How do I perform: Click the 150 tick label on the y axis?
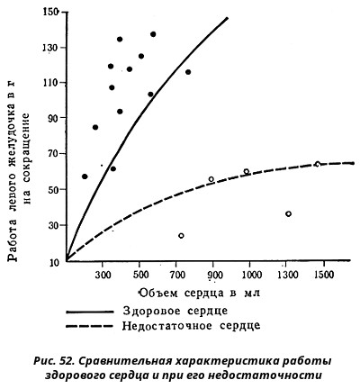pos(49,13)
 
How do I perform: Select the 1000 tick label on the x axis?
pos(250,275)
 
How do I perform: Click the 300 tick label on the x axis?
pos(103,275)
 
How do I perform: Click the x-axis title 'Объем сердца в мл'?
pos(199,293)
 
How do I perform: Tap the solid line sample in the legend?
pos(90,312)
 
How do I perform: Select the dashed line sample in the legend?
pos(90,326)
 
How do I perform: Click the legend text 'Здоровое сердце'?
pos(175,311)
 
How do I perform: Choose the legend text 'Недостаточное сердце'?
pos(191,326)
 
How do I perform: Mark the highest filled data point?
pos(153,34)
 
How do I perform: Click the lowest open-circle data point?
pos(181,236)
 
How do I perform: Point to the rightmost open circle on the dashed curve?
pos(318,164)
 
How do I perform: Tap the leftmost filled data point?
pos(85,176)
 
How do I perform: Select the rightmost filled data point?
pos(188,72)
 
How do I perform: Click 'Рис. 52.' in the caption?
pos(53,361)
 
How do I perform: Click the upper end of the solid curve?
pos(228,18)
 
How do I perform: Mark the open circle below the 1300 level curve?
pos(289,214)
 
